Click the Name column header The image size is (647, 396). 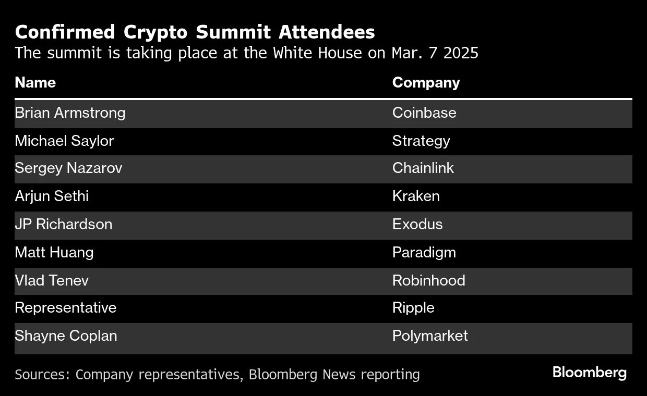[x=35, y=82]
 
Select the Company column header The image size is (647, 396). [x=426, y=82]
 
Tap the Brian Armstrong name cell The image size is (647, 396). [x=70, y=113]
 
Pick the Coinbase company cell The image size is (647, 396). [x=424, y=113]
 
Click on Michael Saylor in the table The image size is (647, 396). [x=64, y=141]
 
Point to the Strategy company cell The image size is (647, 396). [x=421, y=141]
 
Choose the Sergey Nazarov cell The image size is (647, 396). [x=68, y=168]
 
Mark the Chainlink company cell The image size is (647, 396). [x=423, y=168]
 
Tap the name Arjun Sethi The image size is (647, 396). [x=52, y=196]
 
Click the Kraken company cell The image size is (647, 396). [x=416, y=196]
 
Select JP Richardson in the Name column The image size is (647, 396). [x=63, y=224]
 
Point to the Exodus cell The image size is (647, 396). [x=417, y=224]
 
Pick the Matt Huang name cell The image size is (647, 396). [x=54, y=252]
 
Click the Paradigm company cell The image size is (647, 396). [x=424, y=252]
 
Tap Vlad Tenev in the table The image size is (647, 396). [x=52, y=280]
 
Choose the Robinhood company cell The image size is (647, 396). [x=428, y=280]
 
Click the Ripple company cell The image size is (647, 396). [x=413, y=307]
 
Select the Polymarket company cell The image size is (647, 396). [x=430, y=336]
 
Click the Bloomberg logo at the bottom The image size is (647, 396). [x=589, y=373]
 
